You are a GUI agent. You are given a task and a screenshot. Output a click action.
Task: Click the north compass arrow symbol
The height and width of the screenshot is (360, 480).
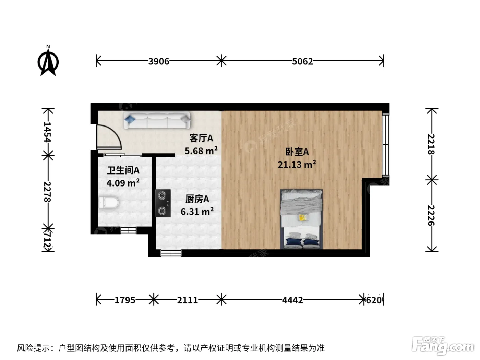[48, 61]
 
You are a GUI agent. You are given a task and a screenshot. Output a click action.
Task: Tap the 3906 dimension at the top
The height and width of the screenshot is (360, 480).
[159, 61]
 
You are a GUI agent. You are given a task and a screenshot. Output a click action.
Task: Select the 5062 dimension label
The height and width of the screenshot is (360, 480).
[302, 61]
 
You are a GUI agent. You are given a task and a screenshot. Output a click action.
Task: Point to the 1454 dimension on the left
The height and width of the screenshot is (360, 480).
[47, 132]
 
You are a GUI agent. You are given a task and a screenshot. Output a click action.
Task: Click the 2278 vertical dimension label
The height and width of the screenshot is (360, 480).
[47, 192]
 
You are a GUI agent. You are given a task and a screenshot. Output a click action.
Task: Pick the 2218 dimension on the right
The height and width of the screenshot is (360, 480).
[431, 144]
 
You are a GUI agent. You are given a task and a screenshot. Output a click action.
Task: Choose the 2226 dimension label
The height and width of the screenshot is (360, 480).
[431, 215]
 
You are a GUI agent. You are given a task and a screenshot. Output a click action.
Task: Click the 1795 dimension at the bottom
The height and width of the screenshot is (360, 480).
[125, 300]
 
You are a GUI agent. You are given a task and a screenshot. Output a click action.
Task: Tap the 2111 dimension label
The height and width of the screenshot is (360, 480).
[188, 300]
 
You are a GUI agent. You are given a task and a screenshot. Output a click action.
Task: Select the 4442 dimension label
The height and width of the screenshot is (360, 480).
[292, 300]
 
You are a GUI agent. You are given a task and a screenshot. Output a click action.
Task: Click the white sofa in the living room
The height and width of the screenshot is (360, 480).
[157, 120]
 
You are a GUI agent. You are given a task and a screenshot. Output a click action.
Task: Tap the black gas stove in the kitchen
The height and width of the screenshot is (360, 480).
[163, 203]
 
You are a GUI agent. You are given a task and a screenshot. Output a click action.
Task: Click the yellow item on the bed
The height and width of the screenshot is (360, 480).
[303, 217]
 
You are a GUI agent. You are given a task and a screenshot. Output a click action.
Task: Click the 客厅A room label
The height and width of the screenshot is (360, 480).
[201, 138]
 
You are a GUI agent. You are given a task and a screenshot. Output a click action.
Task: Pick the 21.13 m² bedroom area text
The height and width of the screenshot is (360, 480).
[297, 164]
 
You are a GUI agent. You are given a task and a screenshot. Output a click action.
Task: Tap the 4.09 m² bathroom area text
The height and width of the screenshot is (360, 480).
[123, 183]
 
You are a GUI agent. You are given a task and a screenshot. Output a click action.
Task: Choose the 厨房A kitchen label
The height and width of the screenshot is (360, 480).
[197, 199]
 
